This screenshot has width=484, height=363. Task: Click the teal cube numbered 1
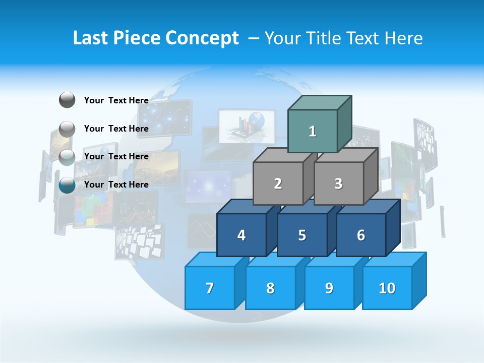tap(313, 131)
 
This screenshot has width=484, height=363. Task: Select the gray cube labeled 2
tap(278, 184)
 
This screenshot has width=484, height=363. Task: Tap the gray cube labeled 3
tap(338, 184)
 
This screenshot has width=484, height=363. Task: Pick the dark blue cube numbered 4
tap(241, 235)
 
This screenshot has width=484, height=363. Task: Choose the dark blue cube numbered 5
tap(302, 235)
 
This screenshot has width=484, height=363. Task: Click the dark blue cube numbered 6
tap(361, 235)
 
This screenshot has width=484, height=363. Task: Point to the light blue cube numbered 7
tap(210, 288)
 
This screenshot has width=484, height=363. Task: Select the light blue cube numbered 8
tap(270, 288)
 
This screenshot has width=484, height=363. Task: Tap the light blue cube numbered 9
tap(329, 288)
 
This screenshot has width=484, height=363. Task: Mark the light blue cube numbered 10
tap(387, 288)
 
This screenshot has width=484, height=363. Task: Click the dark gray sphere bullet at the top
tap(67, 100)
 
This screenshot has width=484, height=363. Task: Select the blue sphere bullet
tap(67, 185)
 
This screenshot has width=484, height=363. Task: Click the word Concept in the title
tap(202, 38)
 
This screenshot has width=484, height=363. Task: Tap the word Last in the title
tap(91, 38)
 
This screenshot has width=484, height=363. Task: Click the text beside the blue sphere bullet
tap(116, 185)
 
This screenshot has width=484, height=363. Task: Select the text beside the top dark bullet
tap(116, 100)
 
